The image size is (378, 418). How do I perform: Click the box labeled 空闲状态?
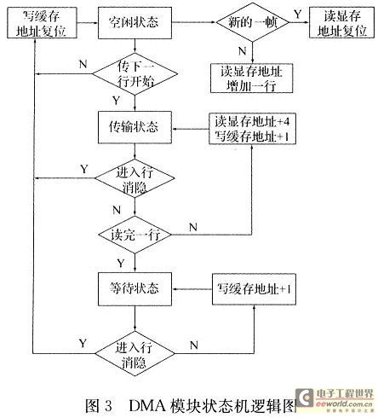135,23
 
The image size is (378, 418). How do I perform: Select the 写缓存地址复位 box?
42,23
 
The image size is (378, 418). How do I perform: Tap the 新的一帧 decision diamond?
253,22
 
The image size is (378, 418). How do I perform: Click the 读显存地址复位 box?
341,23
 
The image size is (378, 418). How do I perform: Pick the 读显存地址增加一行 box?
251,78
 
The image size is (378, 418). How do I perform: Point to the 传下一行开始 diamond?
135,74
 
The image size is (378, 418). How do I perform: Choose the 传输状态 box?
135,127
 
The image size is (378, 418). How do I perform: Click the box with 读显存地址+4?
252,129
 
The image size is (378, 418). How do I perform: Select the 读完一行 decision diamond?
135,235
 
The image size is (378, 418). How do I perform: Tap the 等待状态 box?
135,289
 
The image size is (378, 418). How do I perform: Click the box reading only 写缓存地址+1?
254,289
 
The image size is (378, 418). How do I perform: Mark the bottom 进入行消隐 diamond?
135,354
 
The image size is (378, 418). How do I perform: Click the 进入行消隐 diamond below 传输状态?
135,178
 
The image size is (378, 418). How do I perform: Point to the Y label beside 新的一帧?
297,14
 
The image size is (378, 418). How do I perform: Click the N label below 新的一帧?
242,51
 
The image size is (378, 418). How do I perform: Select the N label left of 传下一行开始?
83,64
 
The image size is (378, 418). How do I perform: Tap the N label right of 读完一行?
193,227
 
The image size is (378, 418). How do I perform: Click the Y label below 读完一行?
121,263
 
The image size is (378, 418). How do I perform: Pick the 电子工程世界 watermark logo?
334,400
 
